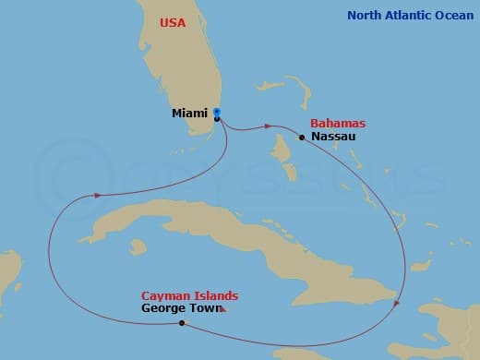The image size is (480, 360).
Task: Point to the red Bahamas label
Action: (x=338, y=123)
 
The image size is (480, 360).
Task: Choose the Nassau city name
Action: (x=333, y=137)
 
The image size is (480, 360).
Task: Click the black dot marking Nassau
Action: (x=302, y=138)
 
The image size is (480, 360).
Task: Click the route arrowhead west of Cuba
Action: (x=95, y=195)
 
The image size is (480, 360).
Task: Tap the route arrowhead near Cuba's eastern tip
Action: (x=397, y=303)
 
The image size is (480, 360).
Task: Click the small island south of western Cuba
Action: (x=138, y=246)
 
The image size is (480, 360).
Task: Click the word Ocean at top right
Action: (x=454, y=15)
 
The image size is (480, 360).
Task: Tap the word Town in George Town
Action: (x=205, y=308)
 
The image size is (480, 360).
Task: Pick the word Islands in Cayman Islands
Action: (x=215, y=295)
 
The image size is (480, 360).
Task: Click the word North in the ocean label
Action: (x=366, y=15)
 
